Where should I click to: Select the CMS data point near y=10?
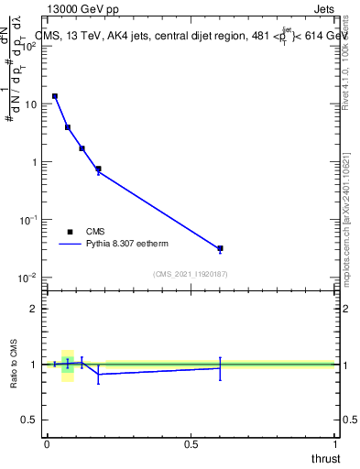tap(55, 96)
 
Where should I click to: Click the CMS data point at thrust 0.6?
tap(220, 248)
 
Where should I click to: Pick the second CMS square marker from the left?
tap(68, 127)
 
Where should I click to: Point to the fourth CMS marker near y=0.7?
tap(98, 169)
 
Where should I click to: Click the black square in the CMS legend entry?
tap(70, 232)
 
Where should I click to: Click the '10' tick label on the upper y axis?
tap(30, 104)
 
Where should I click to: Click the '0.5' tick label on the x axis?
tap(191, 444)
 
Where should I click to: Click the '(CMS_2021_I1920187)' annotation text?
tap(190, 274)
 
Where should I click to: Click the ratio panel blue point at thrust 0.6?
tap(220, 367)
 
